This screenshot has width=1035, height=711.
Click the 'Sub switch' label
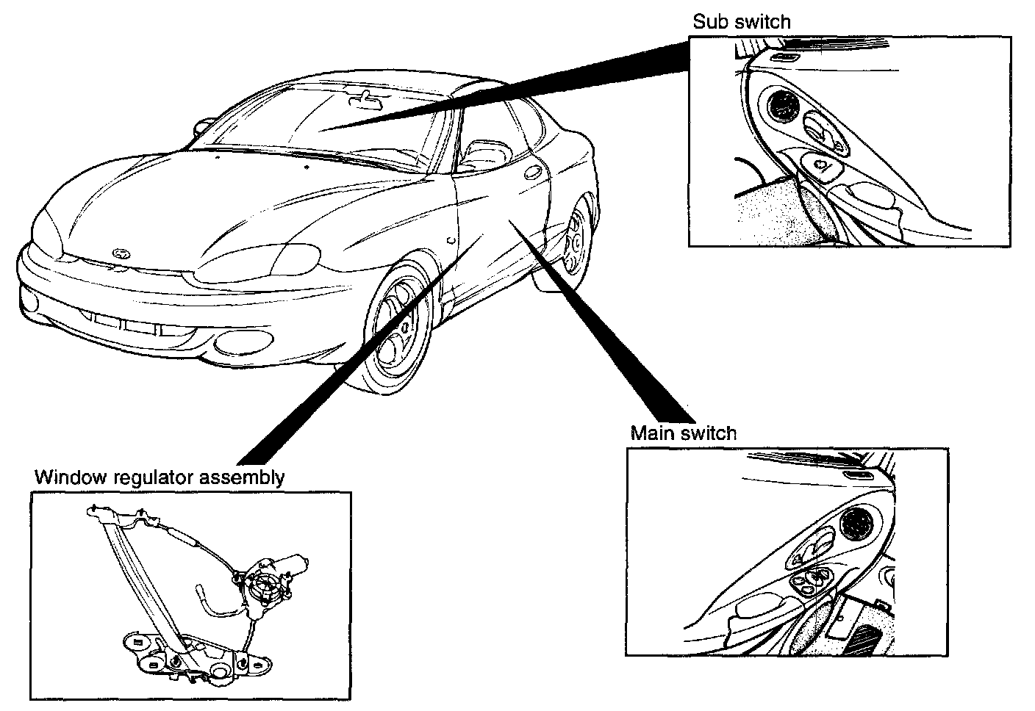pos(742,22)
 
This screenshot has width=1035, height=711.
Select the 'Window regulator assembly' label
pos(160,477)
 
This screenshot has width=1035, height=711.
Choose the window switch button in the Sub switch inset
pos(819,166)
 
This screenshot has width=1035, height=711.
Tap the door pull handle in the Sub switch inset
pos(871,198)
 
